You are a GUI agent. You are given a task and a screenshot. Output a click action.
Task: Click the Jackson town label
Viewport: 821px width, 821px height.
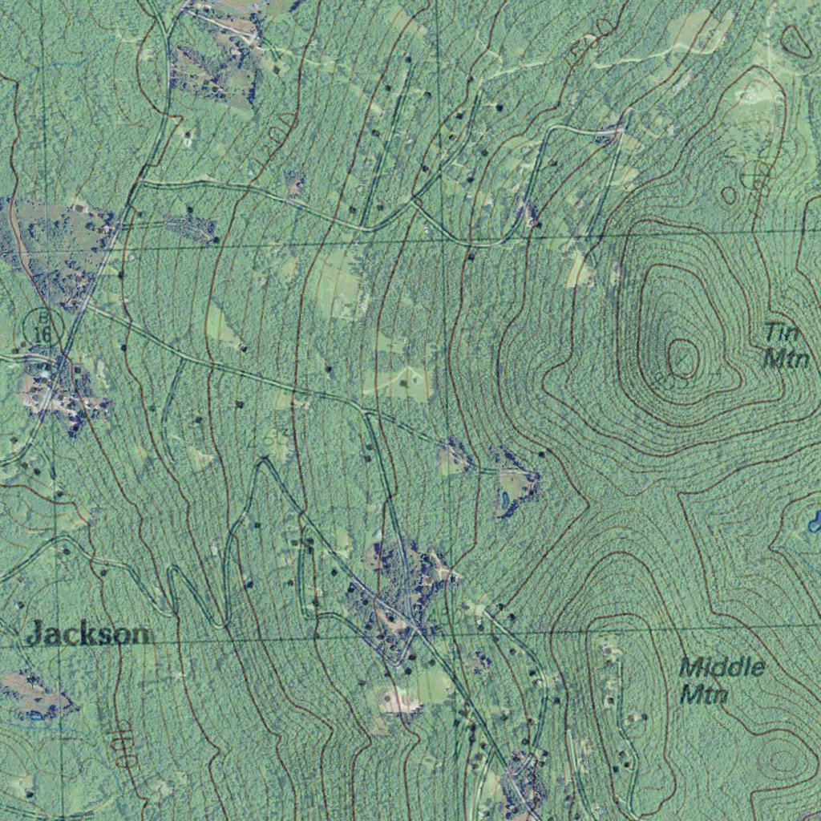(87, 634)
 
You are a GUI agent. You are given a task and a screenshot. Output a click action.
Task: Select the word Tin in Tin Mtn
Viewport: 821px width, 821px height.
(778, 331)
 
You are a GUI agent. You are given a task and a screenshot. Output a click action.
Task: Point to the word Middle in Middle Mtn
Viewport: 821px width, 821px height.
(722, 666)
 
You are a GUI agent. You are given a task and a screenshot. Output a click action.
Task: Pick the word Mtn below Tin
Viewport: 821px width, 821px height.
(785, 358)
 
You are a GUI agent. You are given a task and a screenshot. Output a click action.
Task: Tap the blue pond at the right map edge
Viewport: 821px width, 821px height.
(815, 522)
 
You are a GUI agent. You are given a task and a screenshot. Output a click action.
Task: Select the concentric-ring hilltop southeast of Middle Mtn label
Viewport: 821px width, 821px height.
(779, 758)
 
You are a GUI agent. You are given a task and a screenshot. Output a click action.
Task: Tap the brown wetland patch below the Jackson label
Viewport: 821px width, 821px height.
(36, 694)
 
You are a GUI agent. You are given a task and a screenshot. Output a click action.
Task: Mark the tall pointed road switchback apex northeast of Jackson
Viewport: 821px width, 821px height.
(263, 463)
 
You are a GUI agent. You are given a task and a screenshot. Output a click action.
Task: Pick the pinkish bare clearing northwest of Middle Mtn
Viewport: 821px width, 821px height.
(401, 701)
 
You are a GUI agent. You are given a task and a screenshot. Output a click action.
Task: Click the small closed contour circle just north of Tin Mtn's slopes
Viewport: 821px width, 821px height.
(728, 195)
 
